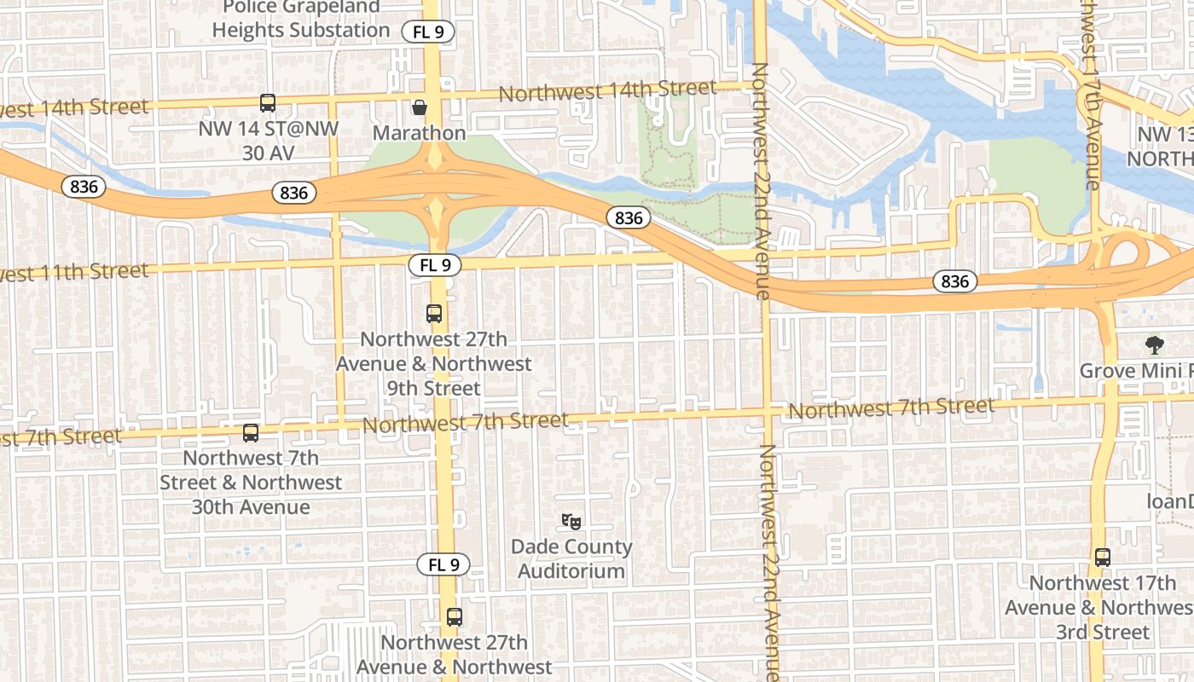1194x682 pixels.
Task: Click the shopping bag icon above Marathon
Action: pos(420,107)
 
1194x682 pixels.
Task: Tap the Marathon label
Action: pos(420,133)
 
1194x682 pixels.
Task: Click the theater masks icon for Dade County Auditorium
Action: pos(571,520)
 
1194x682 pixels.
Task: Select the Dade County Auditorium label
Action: pos(571,558)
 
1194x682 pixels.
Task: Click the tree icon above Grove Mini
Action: pos(1155,345)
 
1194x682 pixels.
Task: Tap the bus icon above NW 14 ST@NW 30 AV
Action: pos(268,103)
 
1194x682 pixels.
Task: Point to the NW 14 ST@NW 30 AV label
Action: pos(269,141)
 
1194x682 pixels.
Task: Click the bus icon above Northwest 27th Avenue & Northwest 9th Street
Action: pos(434,314)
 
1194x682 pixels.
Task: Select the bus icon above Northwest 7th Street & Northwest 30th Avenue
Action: pos(251,433)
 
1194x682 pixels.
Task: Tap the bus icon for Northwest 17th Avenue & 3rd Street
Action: pos(1103,558)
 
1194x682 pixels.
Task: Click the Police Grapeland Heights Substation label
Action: pos(301,19)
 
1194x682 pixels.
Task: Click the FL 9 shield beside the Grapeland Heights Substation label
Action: pos(429,32)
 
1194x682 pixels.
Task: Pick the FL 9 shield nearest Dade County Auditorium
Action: pos(443,564)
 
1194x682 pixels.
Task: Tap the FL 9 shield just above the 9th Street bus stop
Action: pos(435,265)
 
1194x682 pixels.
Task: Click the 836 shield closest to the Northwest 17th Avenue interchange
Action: pos(954,280)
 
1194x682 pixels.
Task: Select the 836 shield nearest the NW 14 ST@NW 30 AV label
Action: pos(293,193)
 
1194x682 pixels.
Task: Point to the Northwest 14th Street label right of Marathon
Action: pos(607,90)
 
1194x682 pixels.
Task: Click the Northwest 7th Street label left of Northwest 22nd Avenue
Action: pos(466,421)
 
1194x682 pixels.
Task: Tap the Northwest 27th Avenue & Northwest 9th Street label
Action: pos(433,363)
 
